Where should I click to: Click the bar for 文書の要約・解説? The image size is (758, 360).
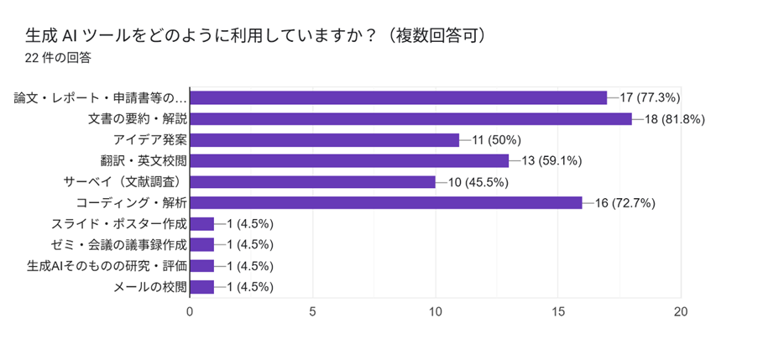point(410,119)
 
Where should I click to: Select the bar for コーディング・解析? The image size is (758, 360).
point(386,203)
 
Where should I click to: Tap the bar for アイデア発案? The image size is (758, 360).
point(325,140)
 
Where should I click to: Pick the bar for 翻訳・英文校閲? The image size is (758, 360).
point(349,161)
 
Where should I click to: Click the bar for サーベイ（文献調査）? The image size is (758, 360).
point(312,182)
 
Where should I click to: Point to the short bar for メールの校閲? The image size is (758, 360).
point(202,287)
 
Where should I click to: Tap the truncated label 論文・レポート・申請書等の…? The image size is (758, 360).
point(101,98)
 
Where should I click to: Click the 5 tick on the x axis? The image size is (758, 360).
point(313,311)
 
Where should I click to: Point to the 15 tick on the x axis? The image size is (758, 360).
point(558,311)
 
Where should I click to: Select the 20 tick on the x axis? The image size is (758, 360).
point(681,311)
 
